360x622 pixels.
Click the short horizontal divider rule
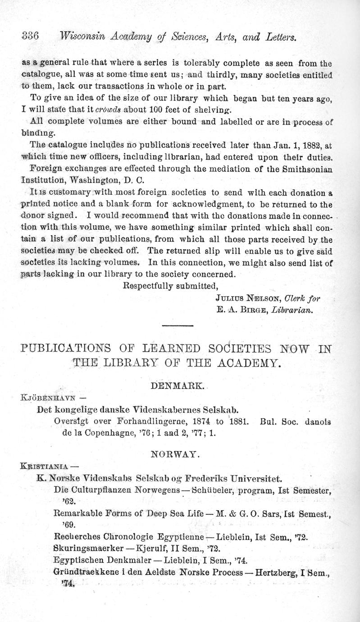click(177, 326)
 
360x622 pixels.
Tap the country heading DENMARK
click(178, 387)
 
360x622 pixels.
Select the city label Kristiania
click(46, 466)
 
